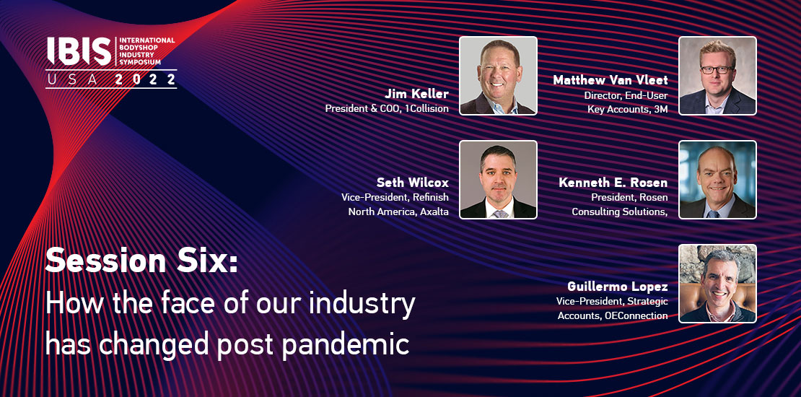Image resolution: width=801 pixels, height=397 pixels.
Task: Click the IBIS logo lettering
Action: [79, 51]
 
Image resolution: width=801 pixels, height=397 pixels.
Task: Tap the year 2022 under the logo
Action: [146, 79]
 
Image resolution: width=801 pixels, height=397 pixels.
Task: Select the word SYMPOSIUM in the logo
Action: [139, 62]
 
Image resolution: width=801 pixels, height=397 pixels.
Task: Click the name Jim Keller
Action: [417, 95]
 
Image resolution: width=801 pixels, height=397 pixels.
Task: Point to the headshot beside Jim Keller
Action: [498, 76]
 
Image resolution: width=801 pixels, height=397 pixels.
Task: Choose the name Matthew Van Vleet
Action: [610, 80]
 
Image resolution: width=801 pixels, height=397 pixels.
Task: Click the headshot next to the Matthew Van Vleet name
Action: [718, 76]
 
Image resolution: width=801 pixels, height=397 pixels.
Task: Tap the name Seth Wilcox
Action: [413, 183]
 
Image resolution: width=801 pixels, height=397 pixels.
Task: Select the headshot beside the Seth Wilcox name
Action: [498, 180]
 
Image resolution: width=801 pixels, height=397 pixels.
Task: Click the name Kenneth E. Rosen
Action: [613, 183]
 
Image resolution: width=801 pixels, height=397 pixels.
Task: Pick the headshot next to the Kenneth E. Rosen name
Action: [718, 180]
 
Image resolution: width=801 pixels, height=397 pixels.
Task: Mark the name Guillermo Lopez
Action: [618, 286]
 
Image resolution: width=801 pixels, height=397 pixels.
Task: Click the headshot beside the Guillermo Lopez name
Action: [718, 284]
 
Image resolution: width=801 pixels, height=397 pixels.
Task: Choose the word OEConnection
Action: [636, 315]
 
